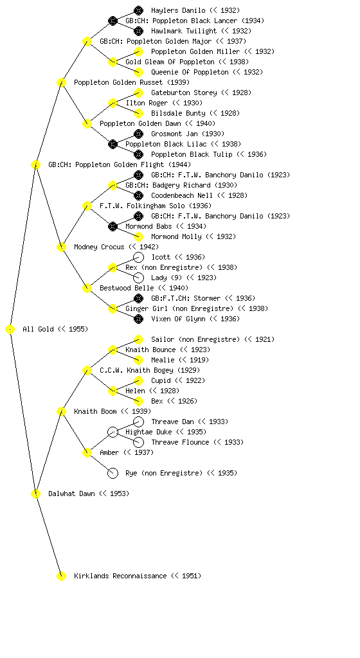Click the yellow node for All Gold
[x=10, y=329]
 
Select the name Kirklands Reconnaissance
[x=120, y=576]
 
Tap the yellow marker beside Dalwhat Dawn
[x=35, y=493]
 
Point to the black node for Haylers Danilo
[x=138, y=10]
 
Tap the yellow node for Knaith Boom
[x=61, y=411]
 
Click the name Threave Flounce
[x=180, y=442]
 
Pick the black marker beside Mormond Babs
[x=113, y=226]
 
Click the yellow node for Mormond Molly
[x=138, y=236]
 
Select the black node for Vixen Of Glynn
[x=138, y=319]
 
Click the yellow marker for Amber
[x=87, y=452]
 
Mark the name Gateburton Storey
[x=184, y=93]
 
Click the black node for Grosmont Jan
[x=138, y=134]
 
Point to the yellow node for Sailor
[x=138, y=339]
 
